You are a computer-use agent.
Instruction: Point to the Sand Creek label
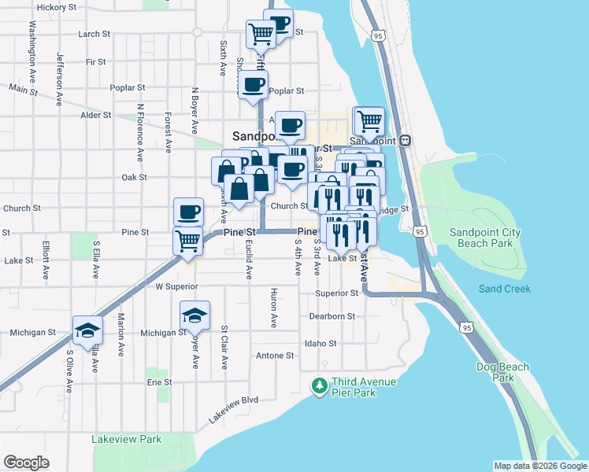pos(504,289)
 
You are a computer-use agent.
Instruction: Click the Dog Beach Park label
pos(495,372)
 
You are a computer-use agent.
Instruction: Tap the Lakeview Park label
pos(126,439)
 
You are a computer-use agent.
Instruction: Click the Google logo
pos(26,463)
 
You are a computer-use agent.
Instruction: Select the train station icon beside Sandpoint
pos(406,140)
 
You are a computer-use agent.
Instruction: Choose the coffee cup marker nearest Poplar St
pos(253,85)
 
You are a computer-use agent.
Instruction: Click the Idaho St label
pos(320,344)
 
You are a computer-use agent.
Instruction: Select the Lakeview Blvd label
pos(234,411)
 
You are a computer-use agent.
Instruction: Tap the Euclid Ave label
pos(249,260)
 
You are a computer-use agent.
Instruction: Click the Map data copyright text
pos(539,466)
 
